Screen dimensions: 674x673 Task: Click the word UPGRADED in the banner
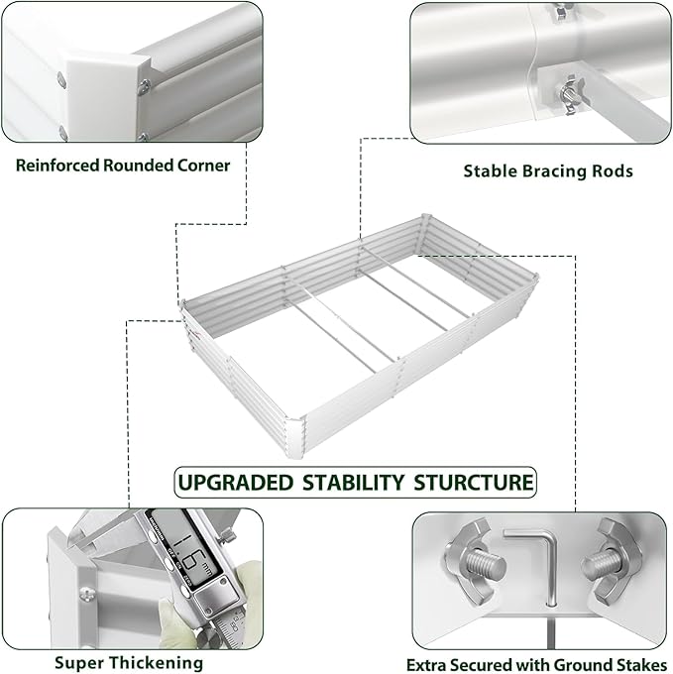coord(235,483)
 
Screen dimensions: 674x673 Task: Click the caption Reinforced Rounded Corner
coord(122,165)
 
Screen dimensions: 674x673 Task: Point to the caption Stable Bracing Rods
coord(548,170)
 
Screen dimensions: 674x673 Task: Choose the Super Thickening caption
coord(129,662)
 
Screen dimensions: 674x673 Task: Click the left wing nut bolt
coord(476,559)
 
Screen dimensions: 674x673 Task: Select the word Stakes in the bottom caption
coord(640,665)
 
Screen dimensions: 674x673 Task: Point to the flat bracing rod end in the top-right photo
coord(634,115)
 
